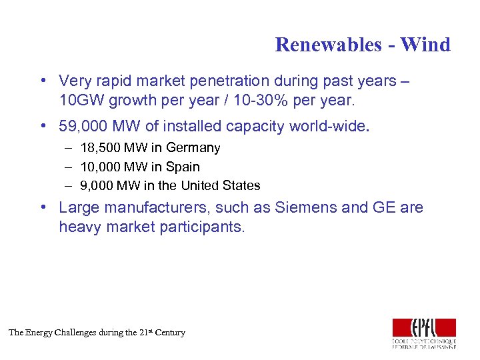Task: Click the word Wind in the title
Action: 426,45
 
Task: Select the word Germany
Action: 193,148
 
